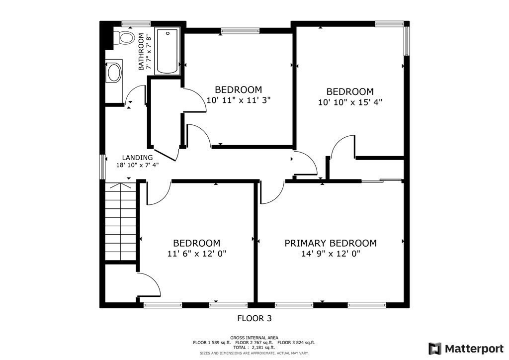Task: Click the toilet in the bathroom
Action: tap(125, 37)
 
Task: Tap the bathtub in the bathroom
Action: tap(168, 51)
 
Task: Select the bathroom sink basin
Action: tap(114, 73)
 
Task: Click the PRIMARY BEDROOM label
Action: tap(331, 243)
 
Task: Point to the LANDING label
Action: tap(137, 158)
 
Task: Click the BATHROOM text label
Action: tap(141, 52)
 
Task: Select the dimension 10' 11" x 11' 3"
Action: tap(239, 100)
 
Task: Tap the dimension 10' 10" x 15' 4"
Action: tap(350, 102)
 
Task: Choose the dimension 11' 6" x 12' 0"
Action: tap(197, 254)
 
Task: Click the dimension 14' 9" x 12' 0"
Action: tap(331, 254)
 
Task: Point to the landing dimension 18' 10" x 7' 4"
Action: tap(137, 165)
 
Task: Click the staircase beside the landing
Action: tap(120, 221)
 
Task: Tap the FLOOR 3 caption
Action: tap(254, 318)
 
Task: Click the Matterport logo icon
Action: tap(434, 349)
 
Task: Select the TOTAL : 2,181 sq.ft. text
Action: tap(254, 348)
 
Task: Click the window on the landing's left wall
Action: tap(102, 167)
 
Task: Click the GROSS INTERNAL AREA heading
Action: tap(254, 338)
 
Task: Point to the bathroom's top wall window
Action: tap(136, 23)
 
